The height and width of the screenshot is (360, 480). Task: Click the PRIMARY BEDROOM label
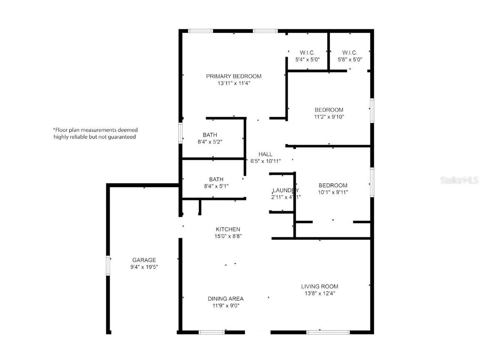point(234,76)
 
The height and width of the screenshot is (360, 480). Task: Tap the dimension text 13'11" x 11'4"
point(234,83)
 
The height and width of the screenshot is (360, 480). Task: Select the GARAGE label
point(144,260)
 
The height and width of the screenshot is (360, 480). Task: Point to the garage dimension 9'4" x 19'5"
point(144,267)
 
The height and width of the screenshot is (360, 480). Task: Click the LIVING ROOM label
point(320,286)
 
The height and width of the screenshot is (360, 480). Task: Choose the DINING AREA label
point(225,299)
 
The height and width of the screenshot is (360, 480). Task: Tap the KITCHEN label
point(227,229)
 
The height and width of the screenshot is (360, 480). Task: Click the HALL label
point(265,154)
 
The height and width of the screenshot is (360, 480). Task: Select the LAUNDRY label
point(285,190)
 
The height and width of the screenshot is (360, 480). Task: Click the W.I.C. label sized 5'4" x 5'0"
point(307,52)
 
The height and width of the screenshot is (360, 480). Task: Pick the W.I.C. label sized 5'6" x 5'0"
point(350,52)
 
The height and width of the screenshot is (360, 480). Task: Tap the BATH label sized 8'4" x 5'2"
point(210,135)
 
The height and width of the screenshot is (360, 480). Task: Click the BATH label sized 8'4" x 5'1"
point(210,179)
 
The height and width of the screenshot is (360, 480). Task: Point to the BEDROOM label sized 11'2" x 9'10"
point(329,110)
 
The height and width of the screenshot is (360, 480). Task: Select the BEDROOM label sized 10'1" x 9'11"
point(333,185)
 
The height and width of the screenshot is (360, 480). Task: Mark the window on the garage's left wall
point(108,265)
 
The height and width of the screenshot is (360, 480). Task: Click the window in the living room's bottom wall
point(328,332)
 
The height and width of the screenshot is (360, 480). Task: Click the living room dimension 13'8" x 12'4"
point(320,293)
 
